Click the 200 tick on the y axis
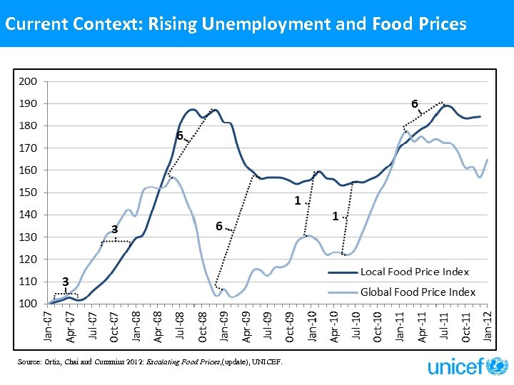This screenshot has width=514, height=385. [x=28, y=81]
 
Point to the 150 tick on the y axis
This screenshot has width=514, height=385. [x=28, y=192]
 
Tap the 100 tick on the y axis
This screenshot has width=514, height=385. [x=28, y=304]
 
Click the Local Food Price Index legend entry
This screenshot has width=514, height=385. [x=414, y=272]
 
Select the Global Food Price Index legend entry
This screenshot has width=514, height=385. [x=418, y=292]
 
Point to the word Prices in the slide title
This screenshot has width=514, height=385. [x=441, y=24]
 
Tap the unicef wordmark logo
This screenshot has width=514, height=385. [x=454, y=367]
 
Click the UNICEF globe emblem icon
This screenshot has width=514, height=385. [x=497, y=366]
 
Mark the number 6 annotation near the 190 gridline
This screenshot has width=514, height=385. [x=414, y=103]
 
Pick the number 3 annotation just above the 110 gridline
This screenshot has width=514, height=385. [x=64, y=282]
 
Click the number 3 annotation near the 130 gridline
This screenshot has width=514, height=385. [x=114, y=229]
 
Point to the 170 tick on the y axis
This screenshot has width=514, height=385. [x=28, y=148]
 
